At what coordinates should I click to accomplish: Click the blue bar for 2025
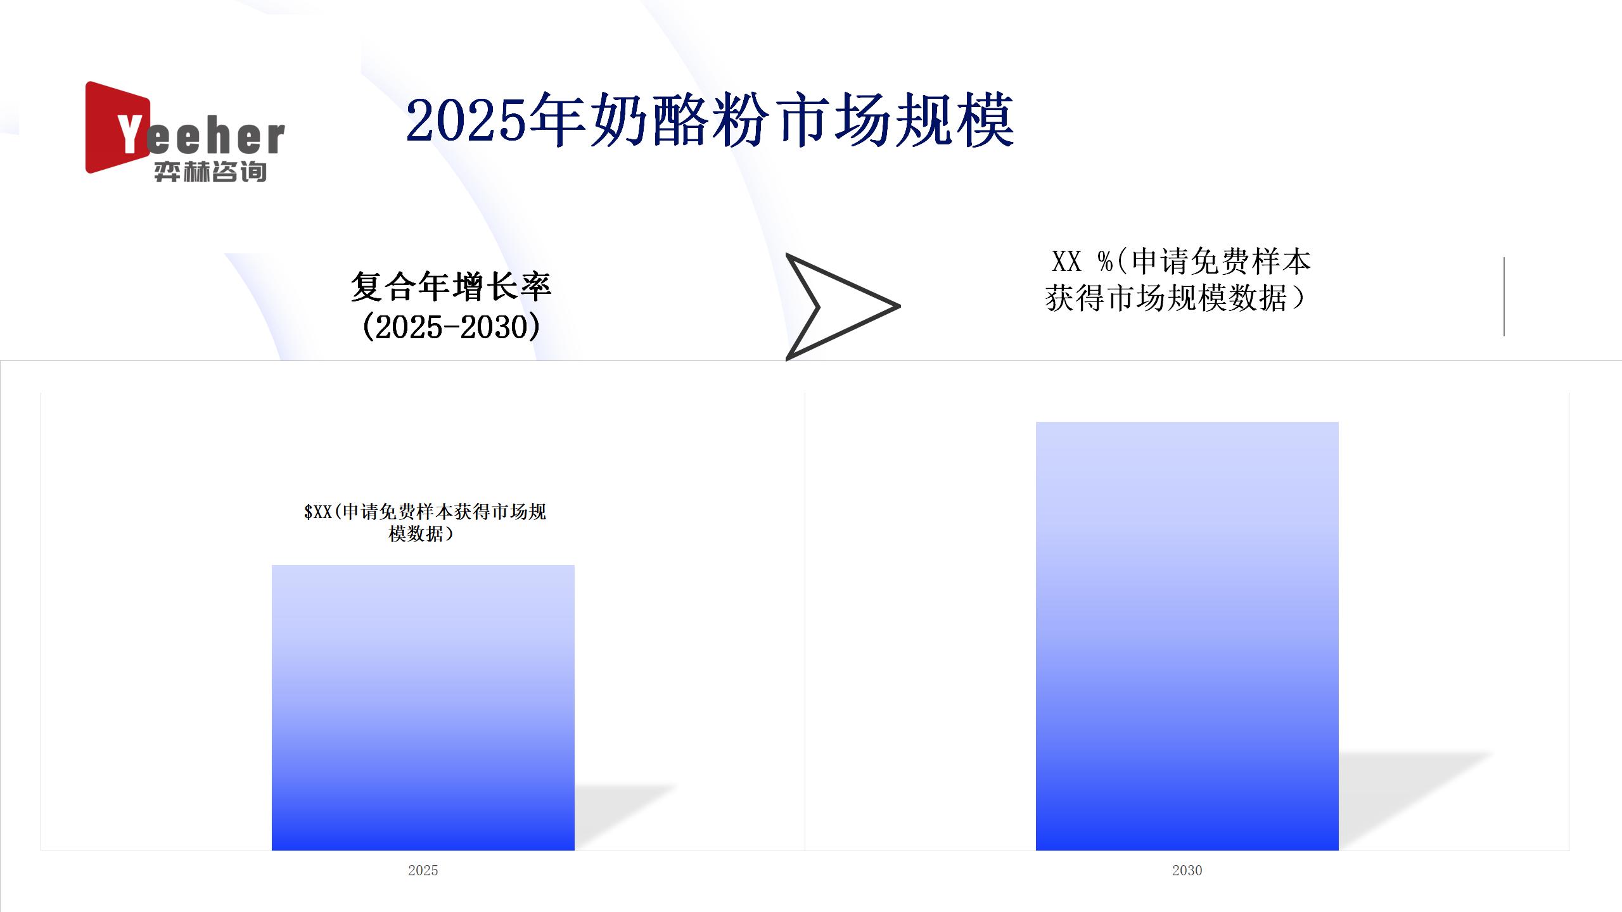(423, 707)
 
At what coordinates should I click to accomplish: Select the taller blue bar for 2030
(1187, 636)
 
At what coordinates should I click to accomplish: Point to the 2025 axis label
(423, 870)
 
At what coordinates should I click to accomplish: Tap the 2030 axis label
(1187, 870)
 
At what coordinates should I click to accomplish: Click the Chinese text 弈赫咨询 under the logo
(210, 172)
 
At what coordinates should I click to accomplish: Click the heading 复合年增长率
(451, 286)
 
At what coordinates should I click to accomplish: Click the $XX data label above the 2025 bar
(425, 522)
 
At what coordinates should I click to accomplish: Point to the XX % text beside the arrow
(1082, 261)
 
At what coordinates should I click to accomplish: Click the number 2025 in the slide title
(467, 119)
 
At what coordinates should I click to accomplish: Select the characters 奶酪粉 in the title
(679, 119)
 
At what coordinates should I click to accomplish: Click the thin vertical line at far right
(1504, 296)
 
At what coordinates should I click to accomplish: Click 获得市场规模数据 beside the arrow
(1166, 298)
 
